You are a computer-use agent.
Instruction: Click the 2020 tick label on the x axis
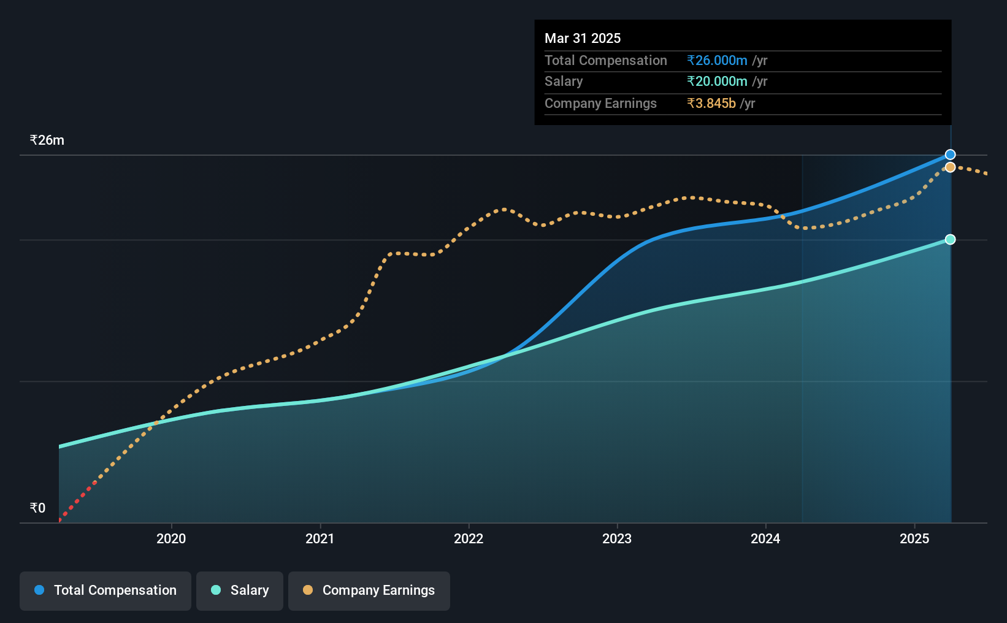[x=171, y=538]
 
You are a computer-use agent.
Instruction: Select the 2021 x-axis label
[x=320, y=538]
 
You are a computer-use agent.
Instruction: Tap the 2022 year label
[x=469, y=538]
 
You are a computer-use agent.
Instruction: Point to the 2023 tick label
[x=617, y=538]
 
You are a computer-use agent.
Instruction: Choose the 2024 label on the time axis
[x=765, y=538]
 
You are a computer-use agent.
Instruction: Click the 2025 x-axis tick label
[x=914, y=538]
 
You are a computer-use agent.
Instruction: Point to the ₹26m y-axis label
[x=47, y=140]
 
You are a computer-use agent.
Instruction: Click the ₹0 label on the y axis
[x=38, y=508]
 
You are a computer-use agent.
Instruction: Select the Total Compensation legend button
[x=105, y=591]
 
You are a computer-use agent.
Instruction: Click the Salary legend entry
[x=240, y=591]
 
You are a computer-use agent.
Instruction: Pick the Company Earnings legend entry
[x=369, y=591]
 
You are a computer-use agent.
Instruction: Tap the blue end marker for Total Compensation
[x=950, y=155]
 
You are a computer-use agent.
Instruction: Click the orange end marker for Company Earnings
[x=950, y=167]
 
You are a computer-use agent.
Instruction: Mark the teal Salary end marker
[x=950, y=240]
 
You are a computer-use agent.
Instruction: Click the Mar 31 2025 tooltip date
[x=583, y=38]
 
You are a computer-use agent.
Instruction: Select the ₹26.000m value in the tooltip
[x=717, y=60]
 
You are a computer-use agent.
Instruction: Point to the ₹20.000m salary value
[x=717, y=82]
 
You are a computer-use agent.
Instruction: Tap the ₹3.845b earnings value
[x=711, y=104]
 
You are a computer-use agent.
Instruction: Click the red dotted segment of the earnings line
[x=77, y=502]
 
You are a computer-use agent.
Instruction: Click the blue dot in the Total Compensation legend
[x=40, y=590]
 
